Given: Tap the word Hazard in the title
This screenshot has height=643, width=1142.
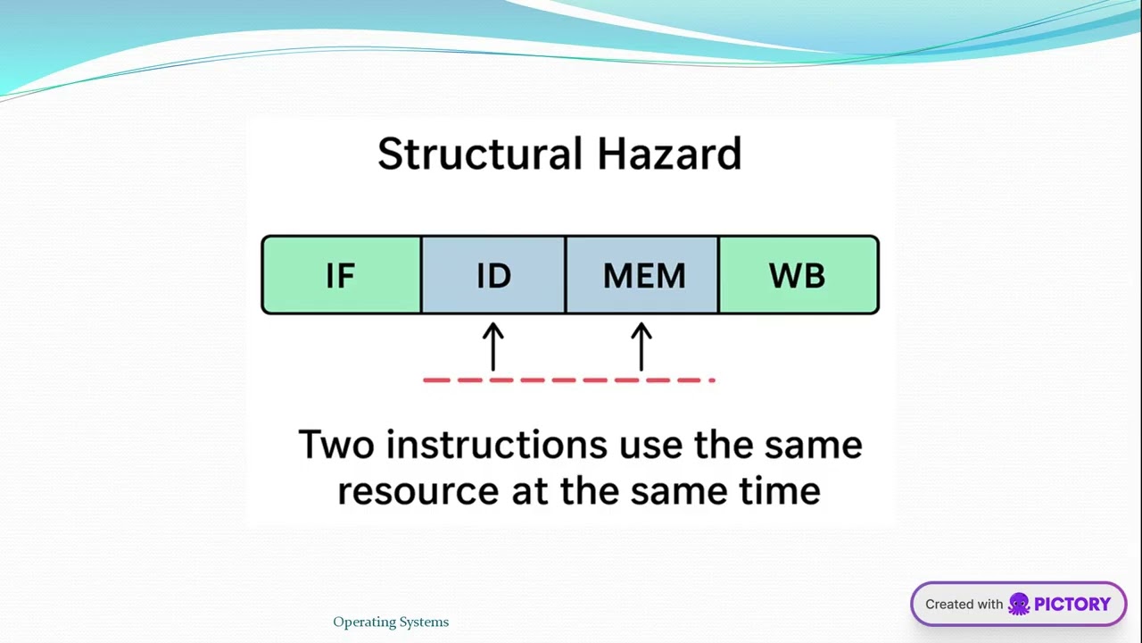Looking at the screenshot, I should (x=669, y=154).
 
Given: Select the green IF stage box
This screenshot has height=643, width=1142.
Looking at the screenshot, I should (x=341, y=275).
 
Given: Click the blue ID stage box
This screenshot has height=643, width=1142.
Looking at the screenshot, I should (x=493, y=275).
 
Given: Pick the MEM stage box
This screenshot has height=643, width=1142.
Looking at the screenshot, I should (x=642, y=275).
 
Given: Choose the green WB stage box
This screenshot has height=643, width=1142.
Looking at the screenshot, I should (x=798, y=275).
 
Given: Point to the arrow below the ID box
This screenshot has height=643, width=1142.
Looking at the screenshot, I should (x=493, y=347).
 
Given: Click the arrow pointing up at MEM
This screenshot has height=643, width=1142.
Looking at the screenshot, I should (x=641, y=347).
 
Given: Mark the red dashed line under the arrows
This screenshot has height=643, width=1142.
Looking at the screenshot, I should (x=569, y=380).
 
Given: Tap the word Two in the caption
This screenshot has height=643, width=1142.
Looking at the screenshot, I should (x=336, y=445).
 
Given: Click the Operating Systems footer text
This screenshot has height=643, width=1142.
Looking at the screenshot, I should (x=391, y=622).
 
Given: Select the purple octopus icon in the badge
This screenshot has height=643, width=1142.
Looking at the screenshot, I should (x=1019, y=605).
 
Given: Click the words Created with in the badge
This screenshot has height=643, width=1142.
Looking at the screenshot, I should (x=964, y=605).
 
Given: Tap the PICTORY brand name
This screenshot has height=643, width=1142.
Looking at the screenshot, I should (x=1072, y=605).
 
